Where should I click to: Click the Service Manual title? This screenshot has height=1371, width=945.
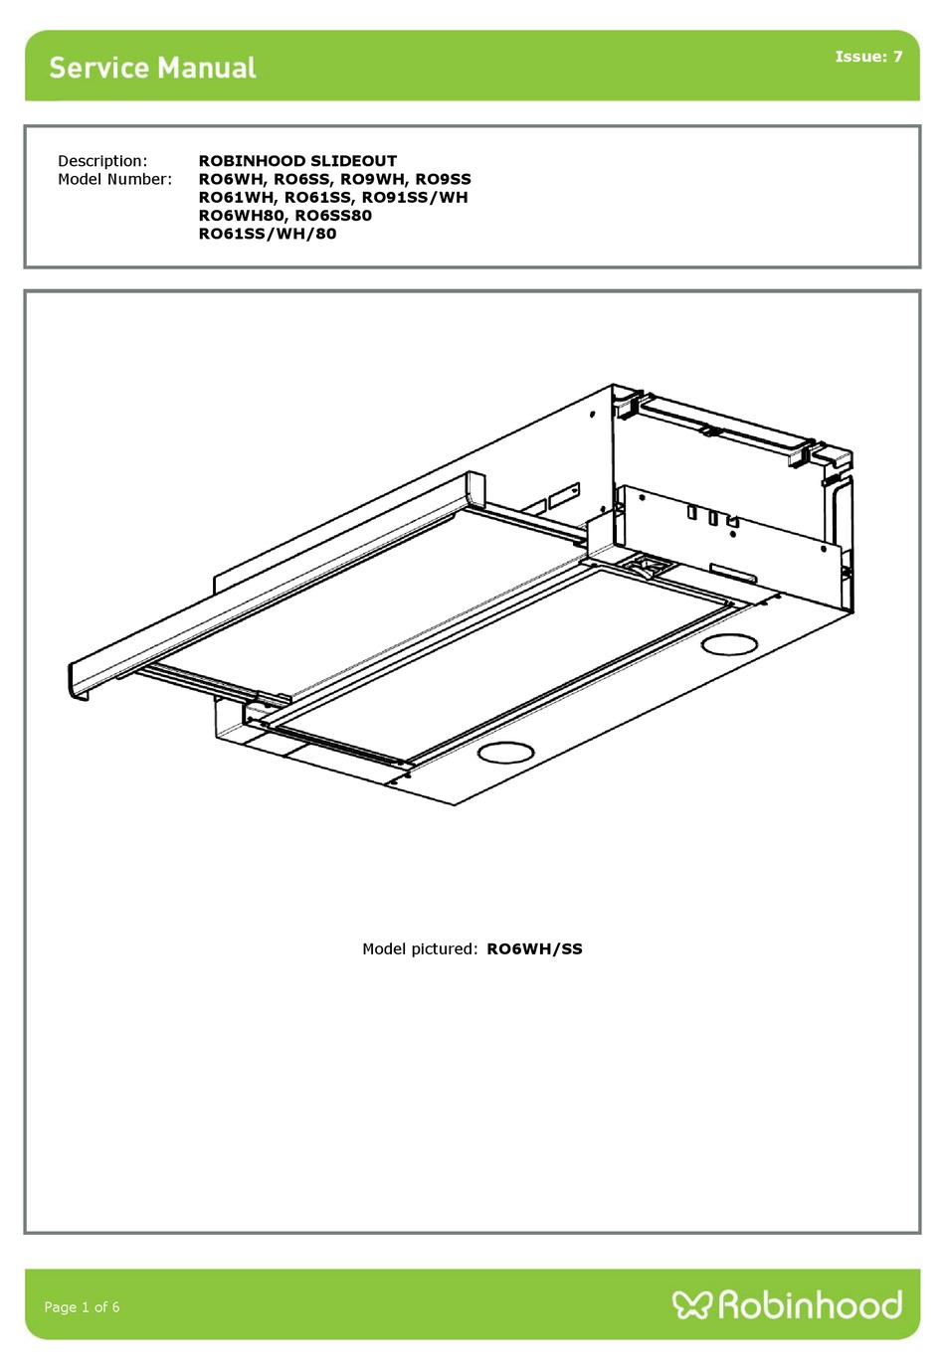click(152, 68)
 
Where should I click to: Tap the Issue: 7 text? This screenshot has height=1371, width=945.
click(868, 57)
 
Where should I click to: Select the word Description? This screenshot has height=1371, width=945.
click(102, 161)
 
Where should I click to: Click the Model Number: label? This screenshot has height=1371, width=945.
click(114, 179)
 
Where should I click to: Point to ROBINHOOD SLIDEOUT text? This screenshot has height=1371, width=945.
click(297, 161)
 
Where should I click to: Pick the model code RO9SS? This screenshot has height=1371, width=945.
click(443, 179)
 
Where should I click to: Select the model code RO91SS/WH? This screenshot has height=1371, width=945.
click(414, 197)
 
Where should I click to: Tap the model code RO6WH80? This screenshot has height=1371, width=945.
click(241, 215)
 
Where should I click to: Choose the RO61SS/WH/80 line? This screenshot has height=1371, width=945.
click(268, 234)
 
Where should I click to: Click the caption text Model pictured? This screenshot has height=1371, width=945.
click(420, 948)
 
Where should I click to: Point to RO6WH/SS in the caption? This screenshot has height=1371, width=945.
click(534, 948)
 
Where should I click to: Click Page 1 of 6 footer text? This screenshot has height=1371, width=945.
click(82, 1306)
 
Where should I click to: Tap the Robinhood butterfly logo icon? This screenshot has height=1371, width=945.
click(691, 1304)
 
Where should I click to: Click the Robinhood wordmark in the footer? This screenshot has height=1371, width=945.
click(810, 1304)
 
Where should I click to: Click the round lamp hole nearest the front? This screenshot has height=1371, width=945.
click(505, 753)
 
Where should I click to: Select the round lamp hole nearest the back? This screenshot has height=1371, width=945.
click(729, 644)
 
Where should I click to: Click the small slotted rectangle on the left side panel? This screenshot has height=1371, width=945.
click(563, 494)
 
